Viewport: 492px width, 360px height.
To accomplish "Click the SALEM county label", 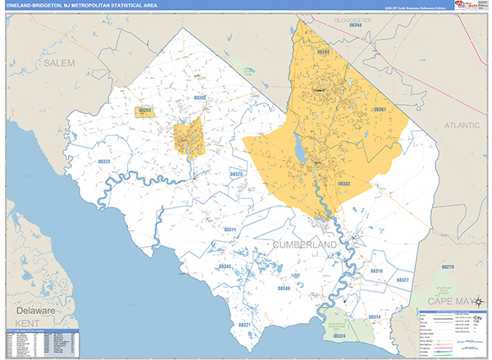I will coord(59,62).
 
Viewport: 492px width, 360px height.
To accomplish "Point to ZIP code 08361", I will coord(379,109).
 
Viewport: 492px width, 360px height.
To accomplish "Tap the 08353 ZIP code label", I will coord(145,109).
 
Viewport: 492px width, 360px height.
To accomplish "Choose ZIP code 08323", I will coord(104,162).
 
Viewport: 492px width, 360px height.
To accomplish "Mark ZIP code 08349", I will coord(284,289).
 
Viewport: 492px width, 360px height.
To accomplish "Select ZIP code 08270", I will coord(447,267).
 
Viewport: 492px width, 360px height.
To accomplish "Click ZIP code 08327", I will coord(402,280).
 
